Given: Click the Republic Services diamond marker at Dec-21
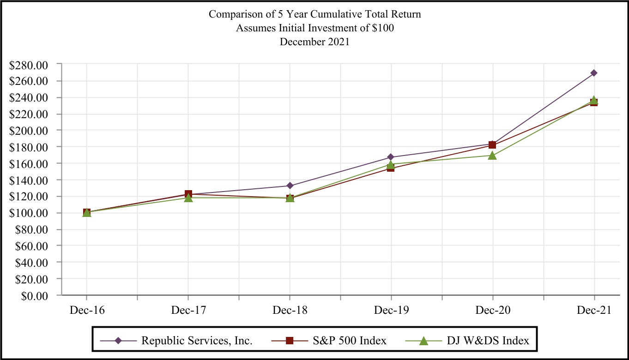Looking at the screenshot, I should pyautogui.click(x=594, y=73).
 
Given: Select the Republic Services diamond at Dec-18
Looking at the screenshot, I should pyautogui.click(x=290, y=186).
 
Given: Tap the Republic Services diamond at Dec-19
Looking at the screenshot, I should pyautogui.click(x=391, y=157).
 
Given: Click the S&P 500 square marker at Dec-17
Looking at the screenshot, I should pyautogui.click(x=188, y=194).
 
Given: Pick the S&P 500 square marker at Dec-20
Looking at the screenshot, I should pyautogui.click(x=492, y=145).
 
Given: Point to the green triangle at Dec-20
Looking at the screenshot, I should pyautogui.click(x=492, y=155).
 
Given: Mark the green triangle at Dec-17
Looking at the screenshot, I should pyautogui.click(x=188, y=198).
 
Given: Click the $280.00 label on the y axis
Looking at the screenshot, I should pyautogui.click(x=29, y=65).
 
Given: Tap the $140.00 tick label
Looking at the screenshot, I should pyautogui.click(x=29, y=180).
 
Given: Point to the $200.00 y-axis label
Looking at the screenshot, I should pyautogui.click(x=29, y=131).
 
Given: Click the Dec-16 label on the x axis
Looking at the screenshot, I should pyautogui.click(x=87, y=310).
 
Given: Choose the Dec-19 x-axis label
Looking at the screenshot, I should pyautogui.click(x=391, y=310).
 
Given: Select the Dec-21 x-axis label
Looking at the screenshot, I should pyautogui.click(x=594, y=310).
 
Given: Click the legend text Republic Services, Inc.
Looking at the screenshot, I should pyautogui.click(x=197, y=341).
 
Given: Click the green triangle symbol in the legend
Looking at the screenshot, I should pyautogui.click(x=423, y=341).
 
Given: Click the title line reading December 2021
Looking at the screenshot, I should pyautogui.click(x=314, y=41).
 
